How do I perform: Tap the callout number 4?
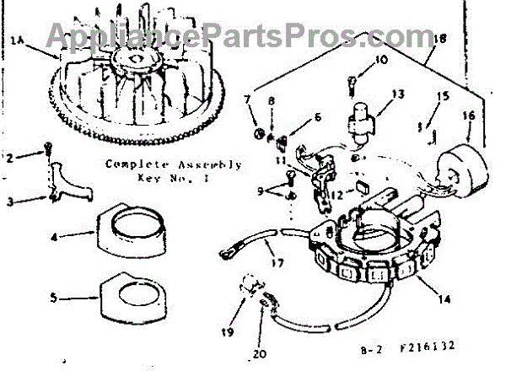53,237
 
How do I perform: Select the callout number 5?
53,297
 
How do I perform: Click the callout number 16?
470,115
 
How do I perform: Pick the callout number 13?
398,93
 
